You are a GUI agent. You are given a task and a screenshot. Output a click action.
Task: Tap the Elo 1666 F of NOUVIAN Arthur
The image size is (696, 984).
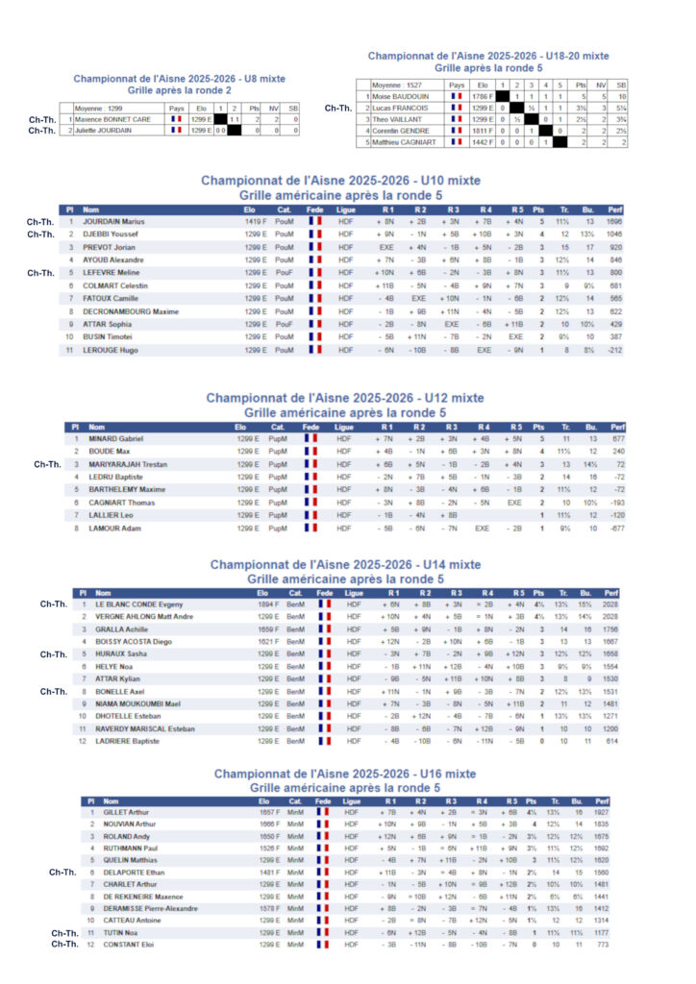click(271, 824)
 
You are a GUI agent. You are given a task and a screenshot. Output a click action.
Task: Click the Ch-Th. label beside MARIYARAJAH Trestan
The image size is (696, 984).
click(47, 464)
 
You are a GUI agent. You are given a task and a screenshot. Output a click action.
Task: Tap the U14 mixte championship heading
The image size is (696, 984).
click(345, 565)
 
